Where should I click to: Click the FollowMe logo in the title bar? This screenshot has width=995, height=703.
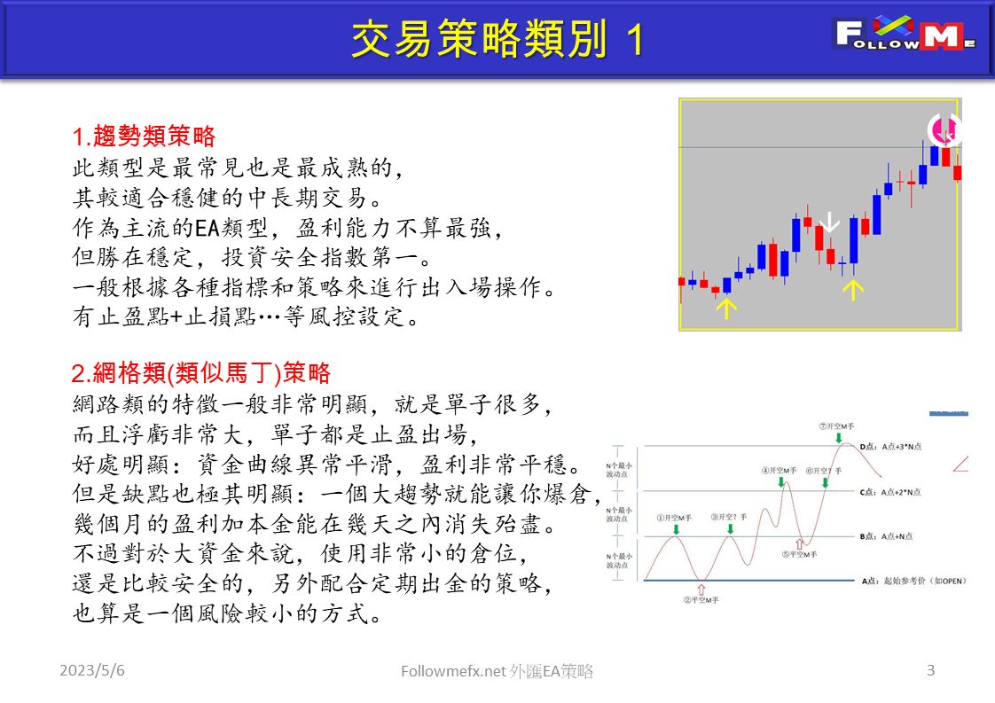(x=905, y=35)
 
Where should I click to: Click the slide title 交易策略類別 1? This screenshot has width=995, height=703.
(x=497, y=39)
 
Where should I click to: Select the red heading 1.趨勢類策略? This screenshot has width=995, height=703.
(x=144, y=137)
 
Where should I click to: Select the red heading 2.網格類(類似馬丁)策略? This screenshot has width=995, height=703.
(x=201, y=371)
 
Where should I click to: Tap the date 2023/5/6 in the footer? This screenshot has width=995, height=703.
(x=92, y=671)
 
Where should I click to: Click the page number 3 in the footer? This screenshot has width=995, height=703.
(x=930, y=670)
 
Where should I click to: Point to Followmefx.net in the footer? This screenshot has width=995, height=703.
(x=454, y=672)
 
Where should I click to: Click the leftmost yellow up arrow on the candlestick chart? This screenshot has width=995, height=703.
(x=726, y=308)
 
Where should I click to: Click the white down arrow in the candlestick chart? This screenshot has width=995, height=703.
(x=829, y=222)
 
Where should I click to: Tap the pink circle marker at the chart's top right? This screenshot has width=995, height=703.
(x=945, y=130)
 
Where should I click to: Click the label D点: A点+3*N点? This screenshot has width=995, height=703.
(x=890, y=447)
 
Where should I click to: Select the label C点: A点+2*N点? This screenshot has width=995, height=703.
(x=890, y=491)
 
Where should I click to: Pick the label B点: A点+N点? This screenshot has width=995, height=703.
(x=886, y=536)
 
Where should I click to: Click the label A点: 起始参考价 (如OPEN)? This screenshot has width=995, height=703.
(x=913, y=582)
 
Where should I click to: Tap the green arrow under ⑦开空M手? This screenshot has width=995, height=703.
(x=838, y=438)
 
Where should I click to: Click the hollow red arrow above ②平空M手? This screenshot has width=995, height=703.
(x=701, y=587)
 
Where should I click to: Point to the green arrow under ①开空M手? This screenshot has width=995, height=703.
(x=676, y=529)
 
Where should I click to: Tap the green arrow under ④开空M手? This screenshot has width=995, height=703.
(x=781, y=481)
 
